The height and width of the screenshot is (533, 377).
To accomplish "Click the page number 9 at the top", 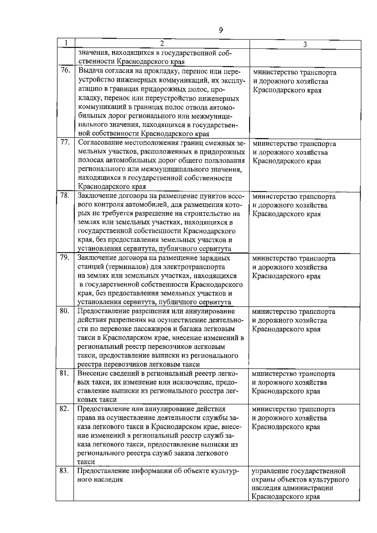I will coord(221,30).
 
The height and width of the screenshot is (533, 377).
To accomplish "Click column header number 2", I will coord(161,43).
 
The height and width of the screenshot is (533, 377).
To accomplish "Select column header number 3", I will coord(305,45).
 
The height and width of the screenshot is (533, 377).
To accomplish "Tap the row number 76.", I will coord(65,70).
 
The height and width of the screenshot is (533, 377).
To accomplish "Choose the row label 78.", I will coord(65,195).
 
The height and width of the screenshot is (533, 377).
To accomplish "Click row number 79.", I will coord(65,257).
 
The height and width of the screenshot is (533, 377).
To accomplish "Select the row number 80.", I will coord(64,311).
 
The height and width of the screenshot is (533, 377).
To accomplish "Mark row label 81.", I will coord(64,373).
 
